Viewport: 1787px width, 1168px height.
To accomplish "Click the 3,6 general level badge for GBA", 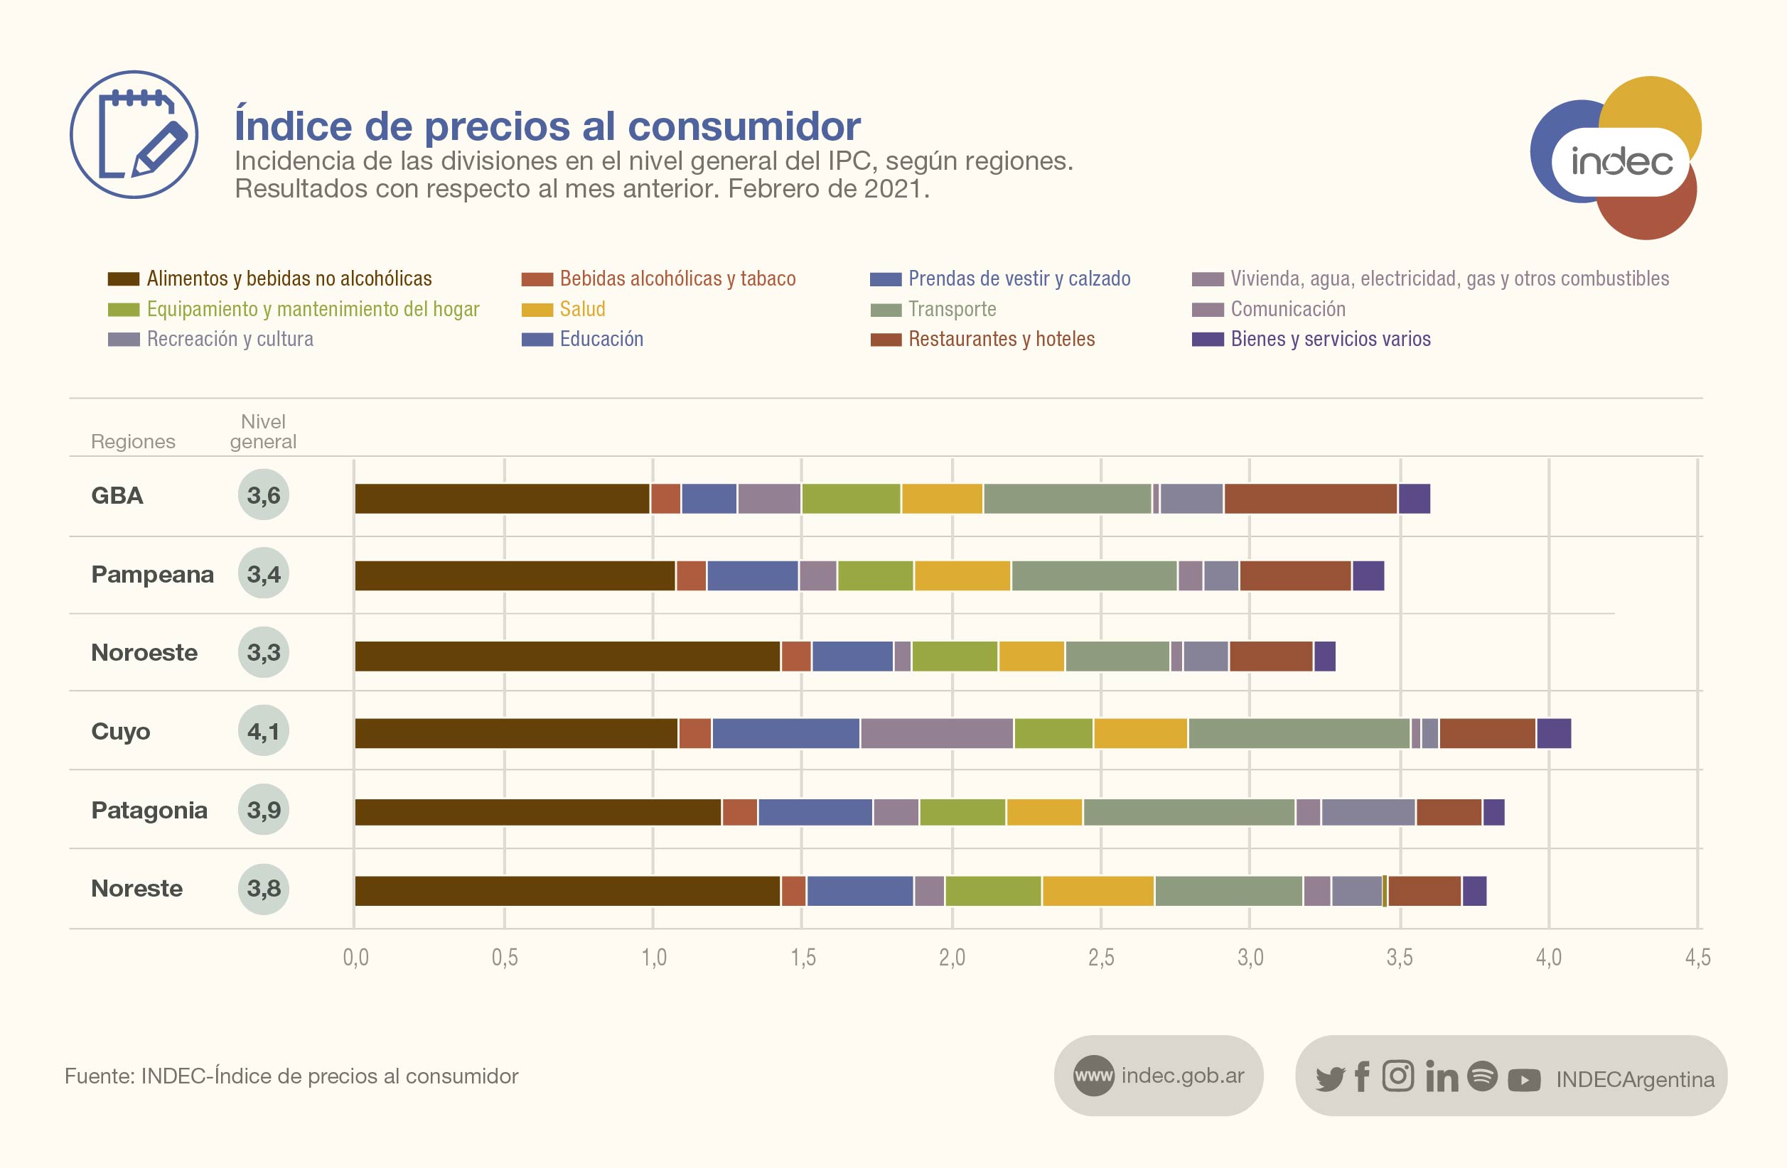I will pyautogui.click(x=264, y=494).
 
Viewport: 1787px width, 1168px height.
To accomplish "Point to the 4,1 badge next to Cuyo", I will pyautogui.click(x=264, y=730).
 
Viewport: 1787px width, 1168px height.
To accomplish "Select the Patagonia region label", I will pyautogui.click(x=149, y=810).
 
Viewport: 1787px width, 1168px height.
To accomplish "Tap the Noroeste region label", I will pyautogui.click(x=144, y=652).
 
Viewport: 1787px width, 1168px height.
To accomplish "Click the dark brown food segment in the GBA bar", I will pyautogui.click(x=502, y=499).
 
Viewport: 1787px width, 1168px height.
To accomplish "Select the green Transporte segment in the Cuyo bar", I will pyautogui.click(x=1299, y=733).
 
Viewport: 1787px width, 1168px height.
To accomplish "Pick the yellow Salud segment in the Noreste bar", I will pyautogui.click(x=1098, y=891).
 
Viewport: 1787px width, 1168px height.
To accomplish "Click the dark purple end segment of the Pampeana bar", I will pyautogui.click(x=1368, y=575).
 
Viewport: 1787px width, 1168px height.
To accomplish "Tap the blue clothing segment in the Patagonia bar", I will pyautogui.click(x=815, y=812).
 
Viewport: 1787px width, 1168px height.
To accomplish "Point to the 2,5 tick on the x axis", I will pyautogui.click(x=1101, y=957).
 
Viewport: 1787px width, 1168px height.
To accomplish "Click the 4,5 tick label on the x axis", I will pyautogui.click(x=1697, y=957).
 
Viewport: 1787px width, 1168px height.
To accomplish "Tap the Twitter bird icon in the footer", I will pyautogui.click(x=1330, y=1078).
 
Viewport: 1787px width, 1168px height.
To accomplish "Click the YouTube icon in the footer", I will pyautogui.click(x=1523, y=1079).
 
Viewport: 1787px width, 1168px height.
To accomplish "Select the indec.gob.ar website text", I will pyautogui.click(x=1182, y=1076).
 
